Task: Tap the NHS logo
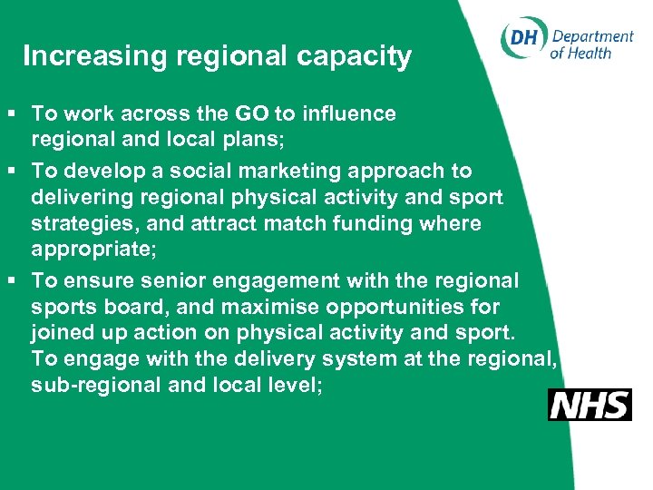pos(590,404)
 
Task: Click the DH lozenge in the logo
pos(523,39)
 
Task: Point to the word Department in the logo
pos(592,35)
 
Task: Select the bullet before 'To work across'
pos(10,114)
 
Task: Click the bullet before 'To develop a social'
pos(10,171)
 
